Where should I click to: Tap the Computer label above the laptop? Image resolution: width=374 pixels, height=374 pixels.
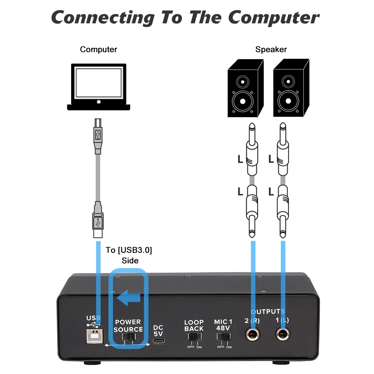pos(98,49)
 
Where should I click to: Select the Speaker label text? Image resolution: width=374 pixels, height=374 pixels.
pos(271,49)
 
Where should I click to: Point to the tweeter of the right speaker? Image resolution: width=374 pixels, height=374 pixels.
pos(288,81)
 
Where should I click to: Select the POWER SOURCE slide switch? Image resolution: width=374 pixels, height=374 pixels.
pos(129,338)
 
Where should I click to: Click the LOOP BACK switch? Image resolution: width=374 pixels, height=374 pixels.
pos(194,337)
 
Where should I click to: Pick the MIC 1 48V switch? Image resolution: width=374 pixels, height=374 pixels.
pos(223,337)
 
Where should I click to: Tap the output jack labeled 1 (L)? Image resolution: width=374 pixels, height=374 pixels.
pos(283,334)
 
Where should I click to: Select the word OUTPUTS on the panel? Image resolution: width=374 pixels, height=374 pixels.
pos(268,311)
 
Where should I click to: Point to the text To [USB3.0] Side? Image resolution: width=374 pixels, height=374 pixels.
pos(129,255)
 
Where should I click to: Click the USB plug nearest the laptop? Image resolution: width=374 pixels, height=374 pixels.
pos(98,137)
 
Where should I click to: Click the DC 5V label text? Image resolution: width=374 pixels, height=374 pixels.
pos(158,330)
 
